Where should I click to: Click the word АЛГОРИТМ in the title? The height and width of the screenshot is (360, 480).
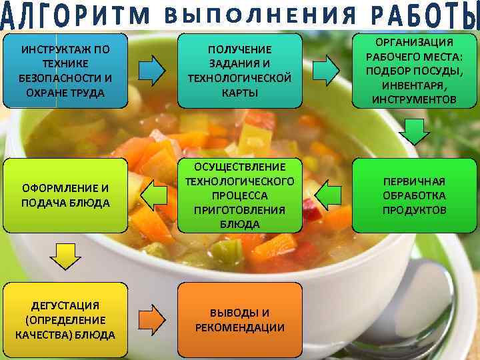(75, 16)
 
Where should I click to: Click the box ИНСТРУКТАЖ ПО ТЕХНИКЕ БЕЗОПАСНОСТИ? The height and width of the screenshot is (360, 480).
(65, 71)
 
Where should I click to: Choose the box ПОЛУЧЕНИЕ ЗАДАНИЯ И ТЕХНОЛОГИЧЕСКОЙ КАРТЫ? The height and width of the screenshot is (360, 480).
(240, 71)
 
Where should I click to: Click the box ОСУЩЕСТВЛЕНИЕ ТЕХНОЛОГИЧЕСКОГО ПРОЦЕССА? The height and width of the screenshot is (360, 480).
(240, 195)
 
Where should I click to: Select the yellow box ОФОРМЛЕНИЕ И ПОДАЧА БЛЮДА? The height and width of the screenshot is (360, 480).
(65, 195)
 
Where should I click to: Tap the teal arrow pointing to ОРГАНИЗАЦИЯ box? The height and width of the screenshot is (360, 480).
(325, 69)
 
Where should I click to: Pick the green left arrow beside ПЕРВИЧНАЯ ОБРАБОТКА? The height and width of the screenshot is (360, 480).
(327, 195)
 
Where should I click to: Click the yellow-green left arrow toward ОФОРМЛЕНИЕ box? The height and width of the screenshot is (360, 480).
(153, 195)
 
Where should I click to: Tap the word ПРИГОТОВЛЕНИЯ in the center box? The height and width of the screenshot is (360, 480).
(240, 209)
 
